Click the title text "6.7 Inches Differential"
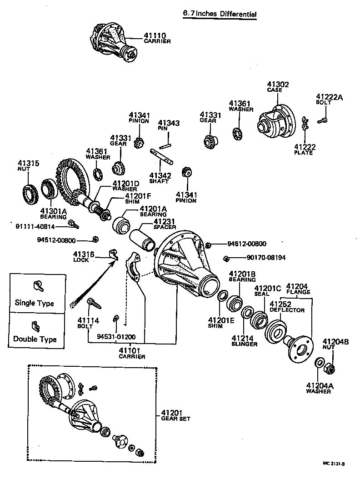click(219, 14)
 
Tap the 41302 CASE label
click(277, 87)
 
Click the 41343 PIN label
click(169, 125)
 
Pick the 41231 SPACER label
click(164, 224)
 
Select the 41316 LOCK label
click(84, 257)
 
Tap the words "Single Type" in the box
click(34, 303)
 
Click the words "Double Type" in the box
click(35, 339)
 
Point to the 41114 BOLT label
click(88, 322)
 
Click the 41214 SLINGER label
click(244, 341)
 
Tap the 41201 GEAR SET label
click(175, 415)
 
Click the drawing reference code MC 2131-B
click(334, 464)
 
